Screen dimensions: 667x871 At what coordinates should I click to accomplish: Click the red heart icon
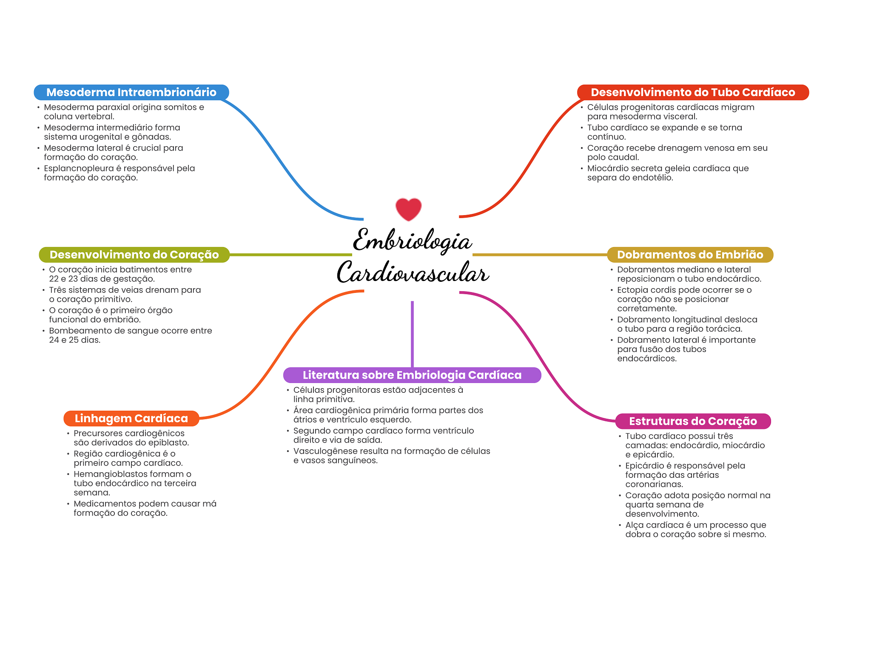408,209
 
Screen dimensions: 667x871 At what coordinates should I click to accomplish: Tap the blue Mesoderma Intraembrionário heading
131,92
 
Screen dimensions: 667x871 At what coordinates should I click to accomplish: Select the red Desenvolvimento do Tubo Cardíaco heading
692,92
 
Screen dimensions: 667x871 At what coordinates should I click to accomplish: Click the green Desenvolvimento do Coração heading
134,255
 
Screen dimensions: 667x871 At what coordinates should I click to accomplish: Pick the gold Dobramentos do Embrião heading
690,255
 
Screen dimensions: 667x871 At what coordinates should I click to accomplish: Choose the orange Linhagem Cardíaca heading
131,418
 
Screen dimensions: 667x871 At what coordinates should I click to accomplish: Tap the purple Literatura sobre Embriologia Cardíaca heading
412,375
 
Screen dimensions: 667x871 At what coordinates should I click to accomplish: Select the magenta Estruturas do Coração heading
693,421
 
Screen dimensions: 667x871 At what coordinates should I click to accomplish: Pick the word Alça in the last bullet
634,525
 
